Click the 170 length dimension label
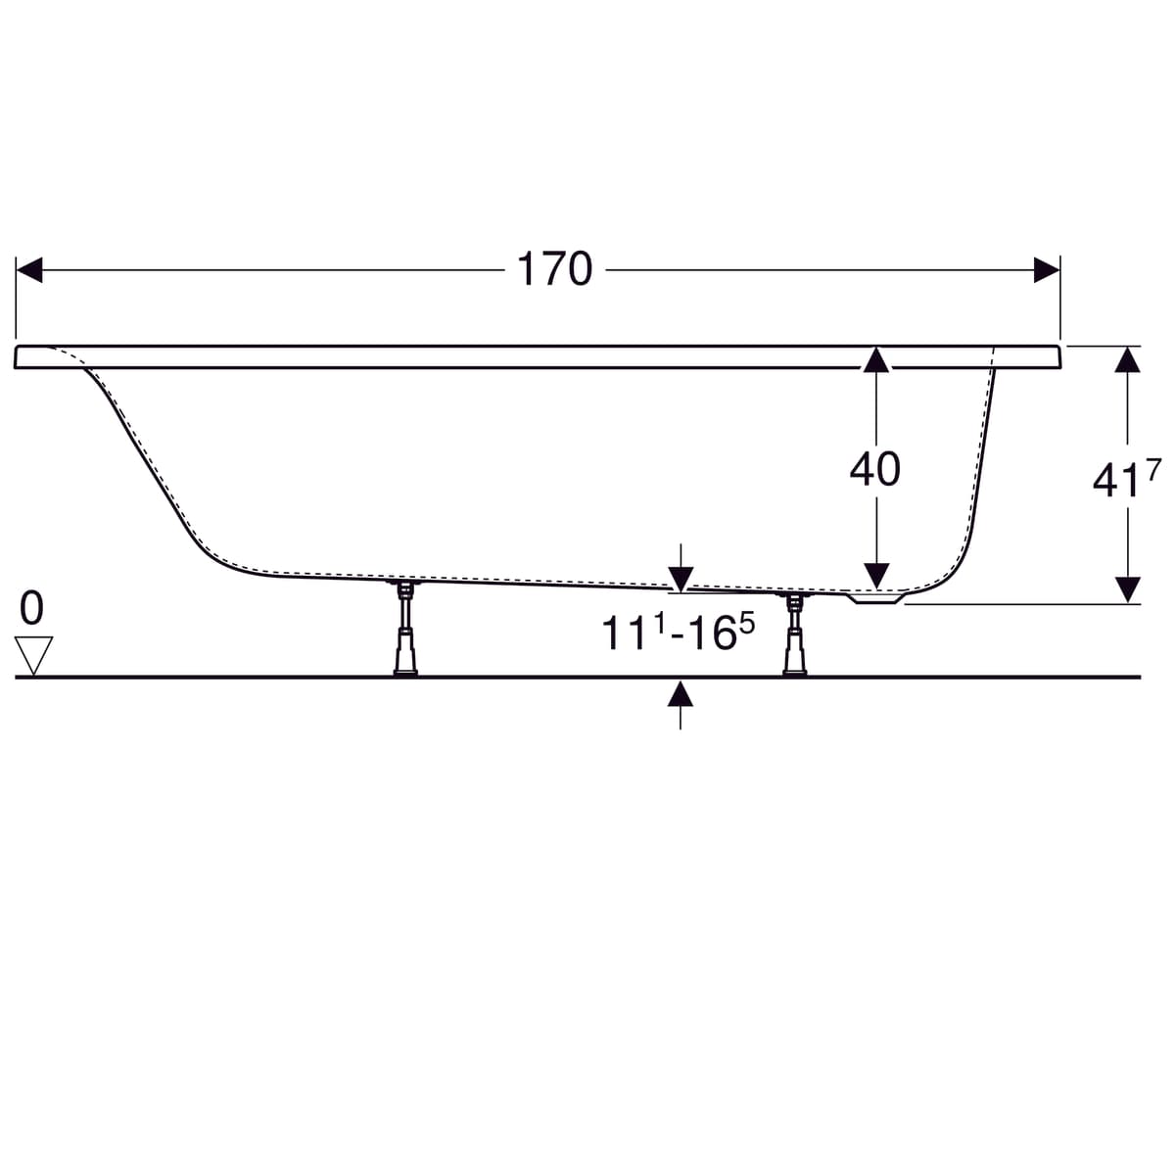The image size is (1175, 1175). point(554,269)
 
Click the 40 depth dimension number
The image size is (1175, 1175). point(875,469)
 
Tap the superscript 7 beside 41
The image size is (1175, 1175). point(1153,471)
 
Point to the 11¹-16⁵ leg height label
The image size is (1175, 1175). point(678,632)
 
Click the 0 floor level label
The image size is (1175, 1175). point(31,608)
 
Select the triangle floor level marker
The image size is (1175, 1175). point(33,655)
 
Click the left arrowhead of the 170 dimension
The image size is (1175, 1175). point(29,270)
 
